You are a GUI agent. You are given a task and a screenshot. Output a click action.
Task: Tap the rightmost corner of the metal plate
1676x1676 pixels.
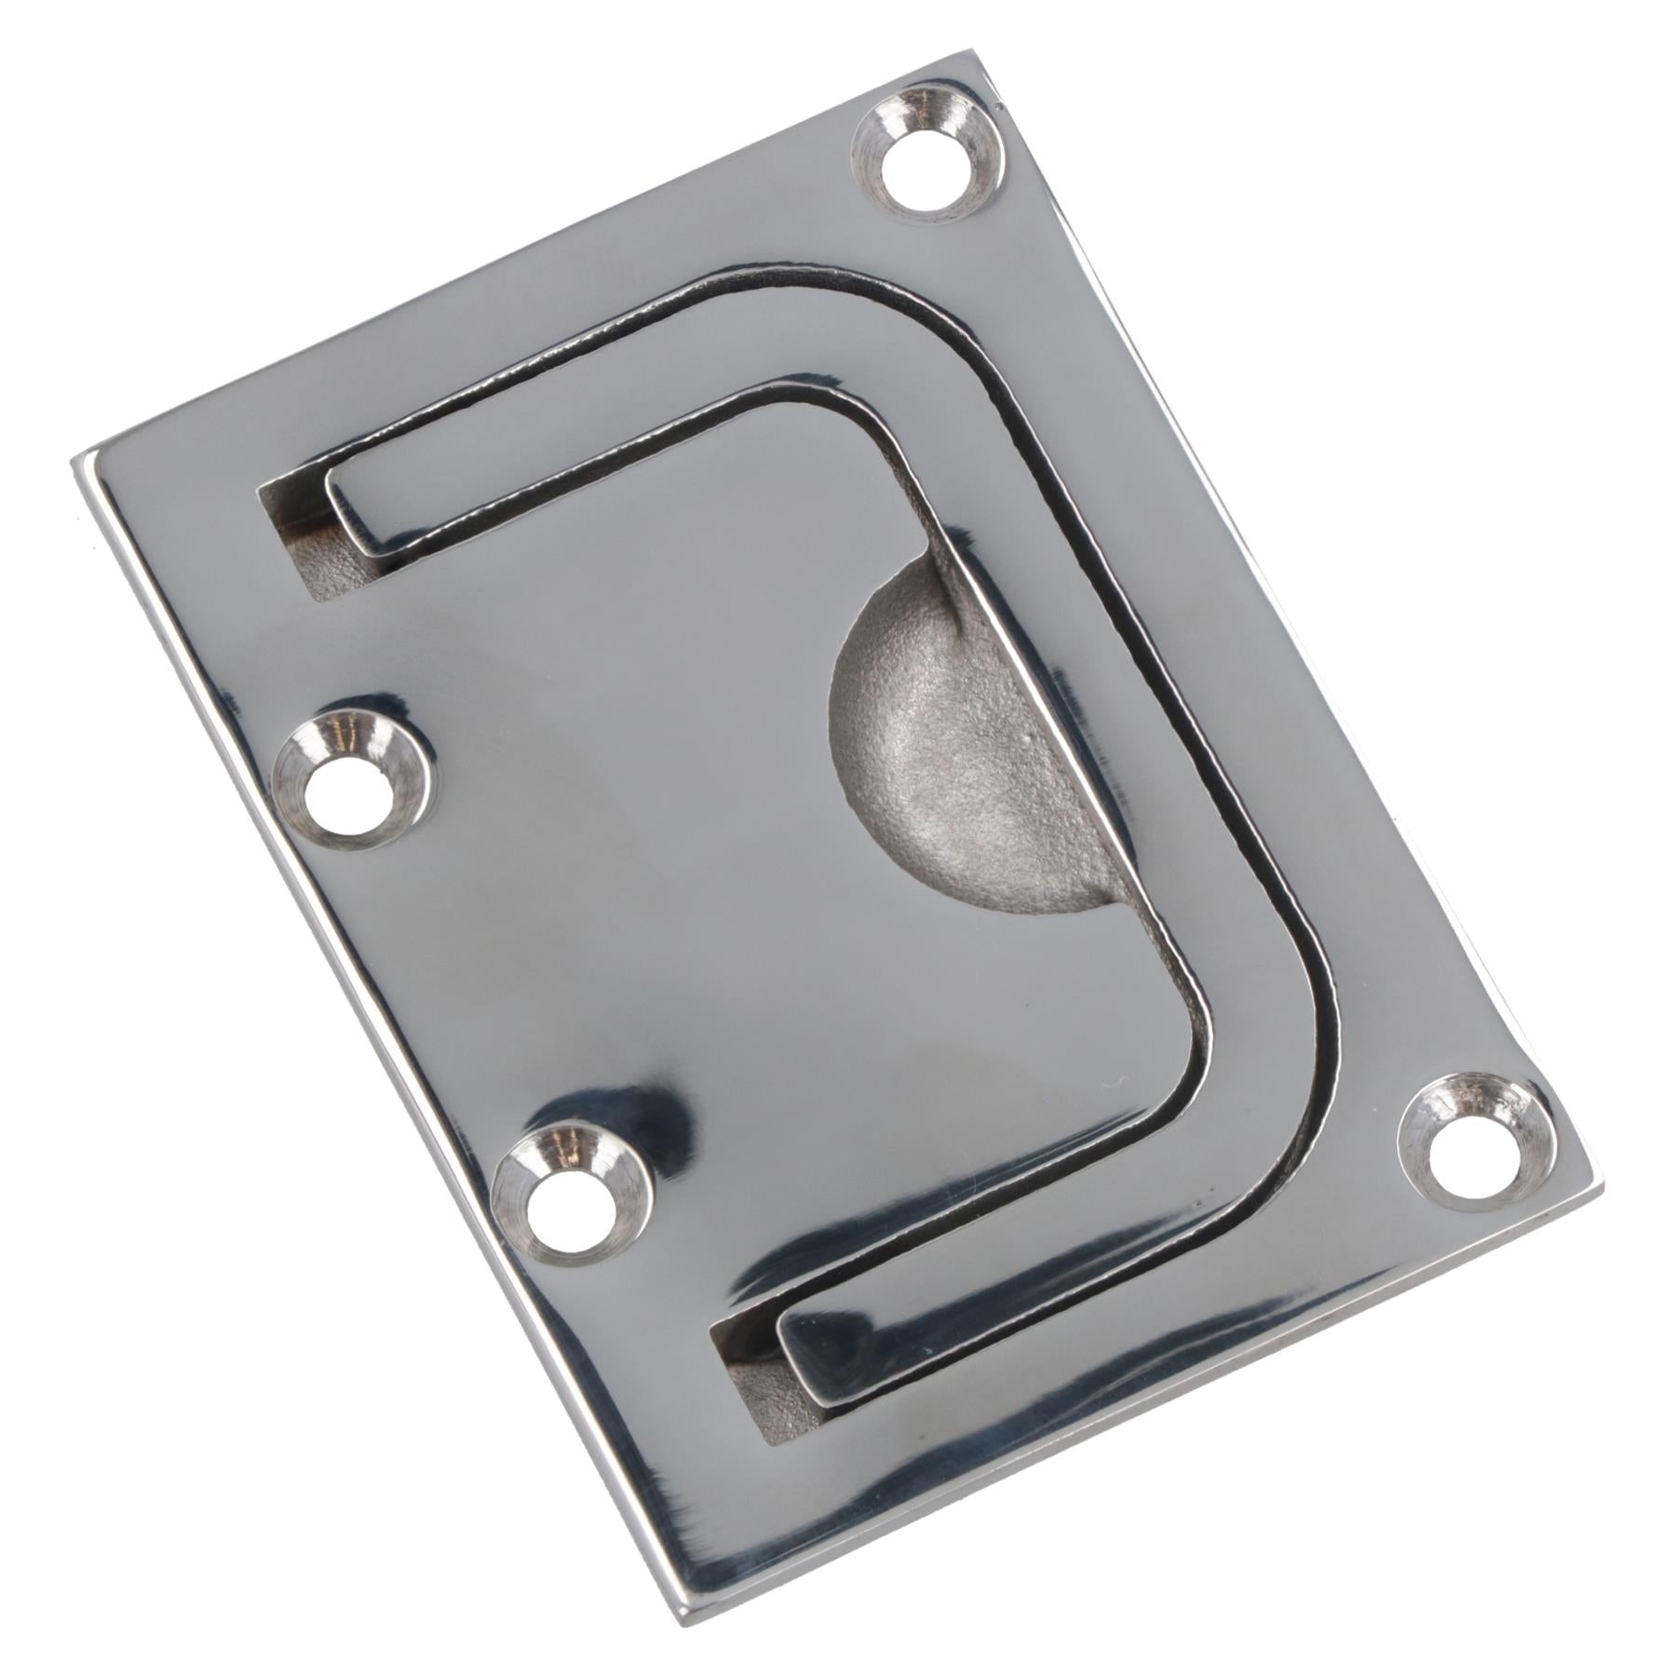click(x=1600, y=1187)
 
